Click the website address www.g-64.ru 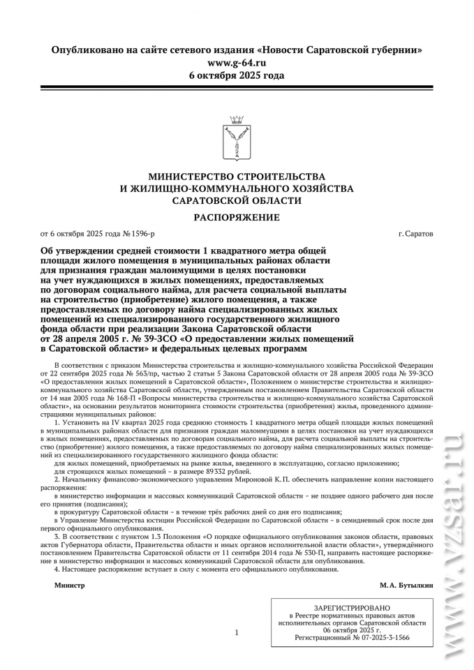click(x=237, y=63)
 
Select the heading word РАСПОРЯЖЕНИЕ click(x=237, y=217)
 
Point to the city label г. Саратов click(x=415, y=233)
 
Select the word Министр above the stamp click(x=70, y=585)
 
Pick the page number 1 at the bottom click(x=237, y=632)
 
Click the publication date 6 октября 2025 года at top click(x=237, y=75)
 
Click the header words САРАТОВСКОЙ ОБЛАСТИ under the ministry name click(x=237, y=200)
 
